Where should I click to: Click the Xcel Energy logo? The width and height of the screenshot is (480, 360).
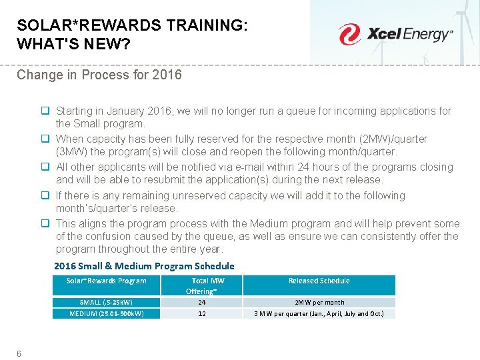coord(395,34)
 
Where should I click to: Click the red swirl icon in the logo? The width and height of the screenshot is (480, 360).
coord(349,34)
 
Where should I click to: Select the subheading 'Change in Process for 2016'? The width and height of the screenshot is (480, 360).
coord(99,75)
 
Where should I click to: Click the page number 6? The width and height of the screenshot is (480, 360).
coord(19,353)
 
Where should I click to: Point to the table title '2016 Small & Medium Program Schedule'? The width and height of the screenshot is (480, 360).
coord(144,266)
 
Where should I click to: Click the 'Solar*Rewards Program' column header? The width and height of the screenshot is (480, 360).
coord(107,281)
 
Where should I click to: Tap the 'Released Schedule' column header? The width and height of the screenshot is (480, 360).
coord(319,281)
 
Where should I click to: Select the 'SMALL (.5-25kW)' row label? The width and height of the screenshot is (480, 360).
coord(107,302)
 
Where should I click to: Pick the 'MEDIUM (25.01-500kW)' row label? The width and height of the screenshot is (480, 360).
coord(107,313)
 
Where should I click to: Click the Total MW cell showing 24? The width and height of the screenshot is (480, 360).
coord(201,302)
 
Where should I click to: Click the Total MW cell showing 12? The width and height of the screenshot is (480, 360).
coord(201,313)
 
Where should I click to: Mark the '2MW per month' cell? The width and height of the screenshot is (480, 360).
coord(319,302)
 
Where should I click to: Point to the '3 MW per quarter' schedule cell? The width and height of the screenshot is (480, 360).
coord(319,313)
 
